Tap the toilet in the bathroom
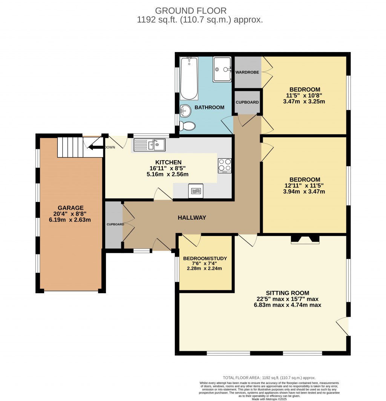187,126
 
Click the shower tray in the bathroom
222,69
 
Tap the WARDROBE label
247,72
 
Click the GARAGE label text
70,208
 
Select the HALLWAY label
192,217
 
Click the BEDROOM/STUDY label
205,258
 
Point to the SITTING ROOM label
287,293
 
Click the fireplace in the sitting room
305,240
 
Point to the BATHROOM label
209,107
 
